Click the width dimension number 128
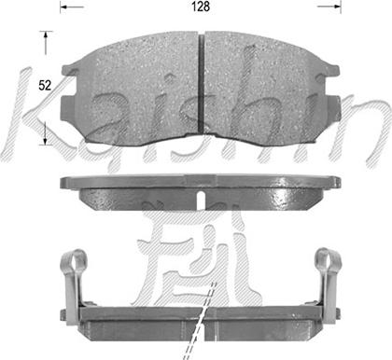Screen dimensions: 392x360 201,7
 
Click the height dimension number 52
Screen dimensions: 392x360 45,85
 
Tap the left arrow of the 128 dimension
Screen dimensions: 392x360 72,7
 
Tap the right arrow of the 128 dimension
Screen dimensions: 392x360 329,7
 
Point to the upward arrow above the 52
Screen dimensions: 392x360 46,43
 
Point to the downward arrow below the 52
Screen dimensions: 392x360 46,133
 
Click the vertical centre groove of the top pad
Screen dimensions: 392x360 202,83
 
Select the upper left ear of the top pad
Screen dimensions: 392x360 69,70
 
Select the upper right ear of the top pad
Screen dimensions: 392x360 331,70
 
